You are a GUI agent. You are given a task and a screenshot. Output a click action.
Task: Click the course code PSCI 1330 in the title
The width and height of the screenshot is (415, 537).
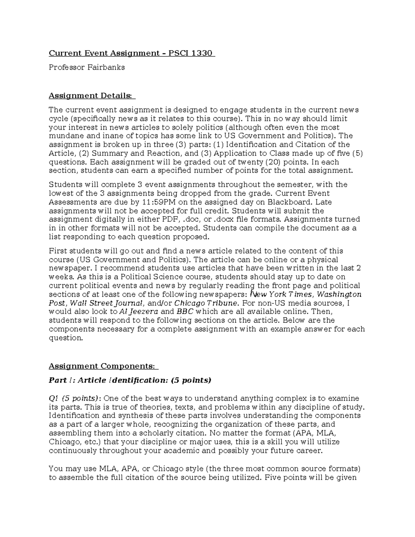tap(190, 53)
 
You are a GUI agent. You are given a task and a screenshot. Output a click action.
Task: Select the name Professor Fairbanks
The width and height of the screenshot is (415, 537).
tap(87, 67)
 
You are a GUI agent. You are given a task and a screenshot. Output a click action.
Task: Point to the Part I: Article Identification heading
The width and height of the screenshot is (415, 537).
tap(130, 380)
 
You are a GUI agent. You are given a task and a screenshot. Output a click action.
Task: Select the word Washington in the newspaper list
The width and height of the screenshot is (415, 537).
tap(339, 294)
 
